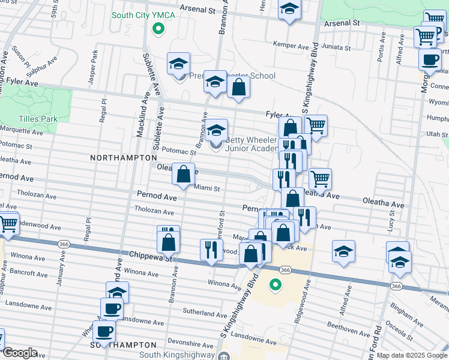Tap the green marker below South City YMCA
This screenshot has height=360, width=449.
tap(158, 28)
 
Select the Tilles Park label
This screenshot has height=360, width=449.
tap(38, 119)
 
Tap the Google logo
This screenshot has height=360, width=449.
tap(20, 353)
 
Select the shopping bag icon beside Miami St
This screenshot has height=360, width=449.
tap(183, 174)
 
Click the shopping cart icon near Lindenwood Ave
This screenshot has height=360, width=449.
tap(8, 224)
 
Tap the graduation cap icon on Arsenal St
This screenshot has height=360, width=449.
tap(289, 10)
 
